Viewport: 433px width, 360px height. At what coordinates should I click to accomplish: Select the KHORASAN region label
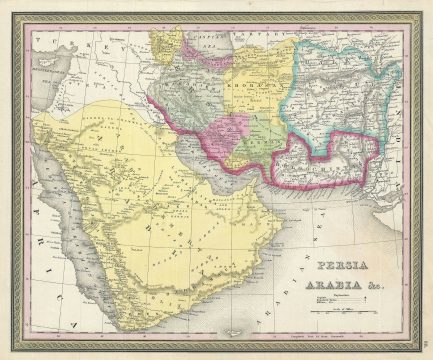(250, 86)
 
